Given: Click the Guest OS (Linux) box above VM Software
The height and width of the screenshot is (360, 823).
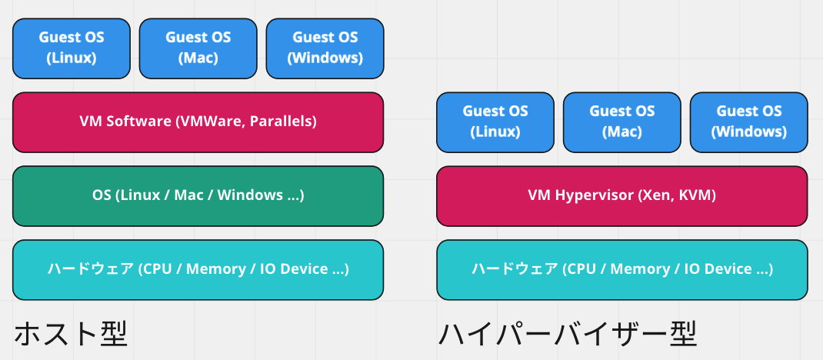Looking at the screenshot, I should (x=72, y=48).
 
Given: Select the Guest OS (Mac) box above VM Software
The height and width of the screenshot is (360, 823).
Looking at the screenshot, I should (x=198, y=48).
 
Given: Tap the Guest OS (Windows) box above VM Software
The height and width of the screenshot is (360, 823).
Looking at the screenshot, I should (x=325, y=48).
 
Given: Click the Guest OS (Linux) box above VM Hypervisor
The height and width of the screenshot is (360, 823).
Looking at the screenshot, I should (x=495, y=122).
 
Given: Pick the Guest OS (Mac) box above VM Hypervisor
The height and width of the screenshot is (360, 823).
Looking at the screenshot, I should (x=621, y=122).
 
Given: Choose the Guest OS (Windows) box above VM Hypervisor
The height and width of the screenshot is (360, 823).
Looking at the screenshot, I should (x=748, y=122).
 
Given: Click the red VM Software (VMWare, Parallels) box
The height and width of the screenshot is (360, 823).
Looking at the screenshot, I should (x=198, y=122).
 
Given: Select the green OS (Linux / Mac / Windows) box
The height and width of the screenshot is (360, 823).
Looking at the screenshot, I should (x=198, y=195).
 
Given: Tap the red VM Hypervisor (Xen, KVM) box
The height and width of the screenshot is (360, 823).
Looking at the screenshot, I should (x=621, y=195).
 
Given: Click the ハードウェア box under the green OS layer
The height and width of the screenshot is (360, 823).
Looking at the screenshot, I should (x=198, y=269).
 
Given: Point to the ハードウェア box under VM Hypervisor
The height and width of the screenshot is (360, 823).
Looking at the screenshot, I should (x=621, y=269).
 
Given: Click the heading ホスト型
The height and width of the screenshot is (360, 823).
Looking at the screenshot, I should (x=70, y=334).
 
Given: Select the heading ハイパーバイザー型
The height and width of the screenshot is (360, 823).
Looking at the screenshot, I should (x=567, y=334).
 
